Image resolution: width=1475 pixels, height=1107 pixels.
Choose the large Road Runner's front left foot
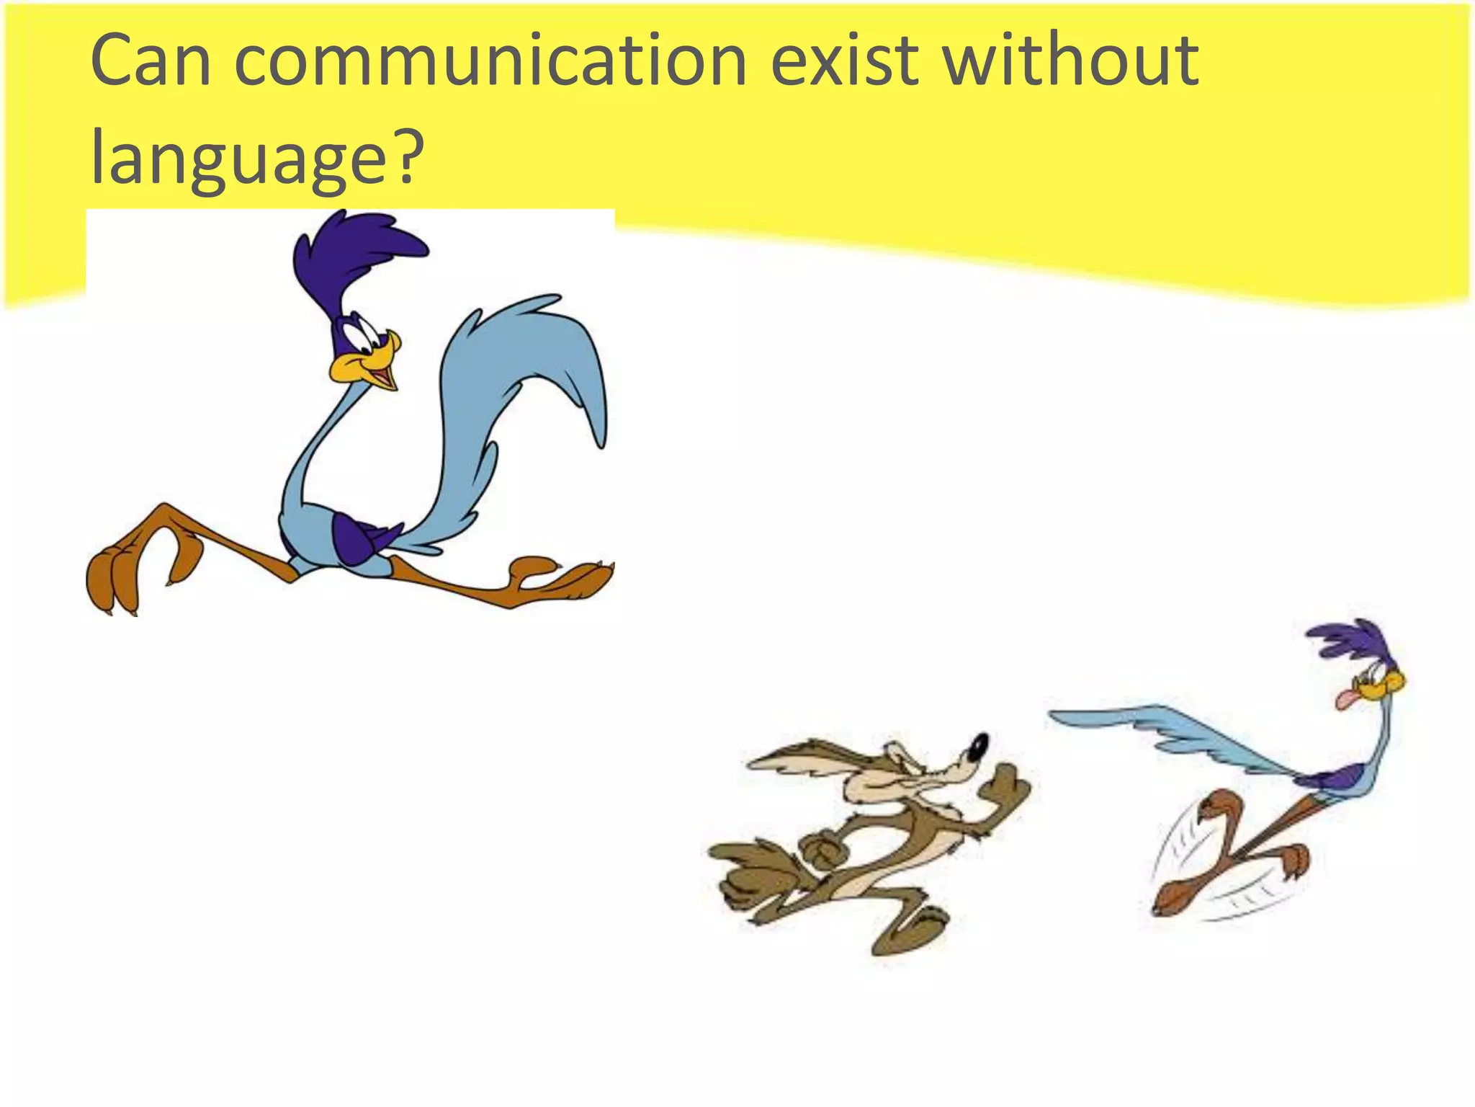pos(115,577)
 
